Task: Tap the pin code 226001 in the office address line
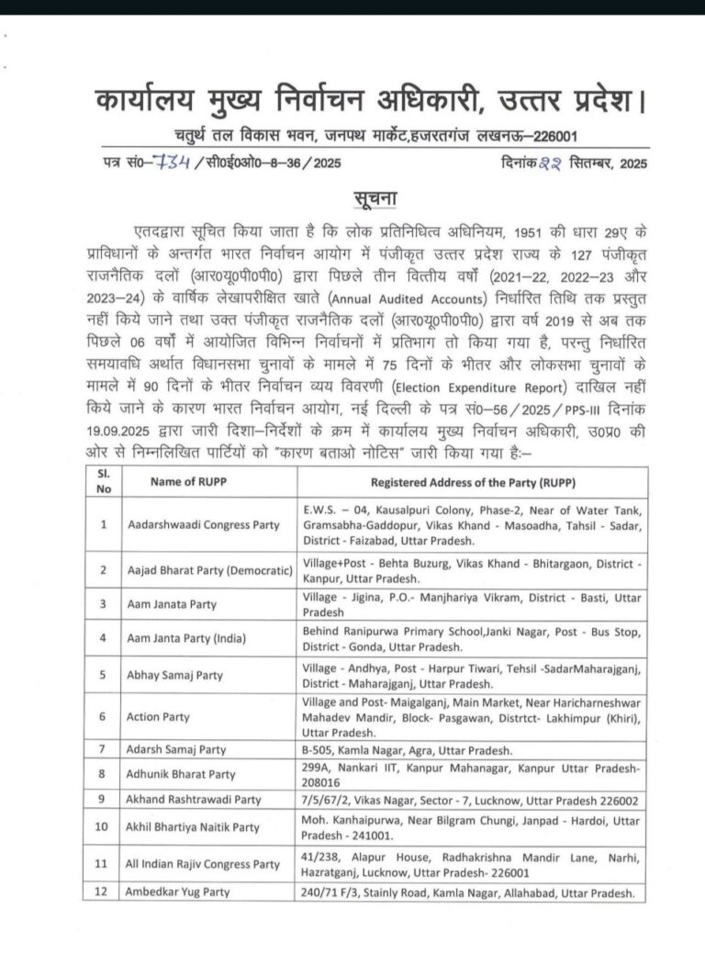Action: [549, 136]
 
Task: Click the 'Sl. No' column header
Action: [103, 482]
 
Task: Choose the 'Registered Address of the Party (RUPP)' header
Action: [474, 482]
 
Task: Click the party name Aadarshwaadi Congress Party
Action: [203, 524]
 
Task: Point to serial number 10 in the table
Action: [103, 826]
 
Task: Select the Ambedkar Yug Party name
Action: [179, 892]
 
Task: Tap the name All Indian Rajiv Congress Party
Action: [204, 864]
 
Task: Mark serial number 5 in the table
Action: [103, 675]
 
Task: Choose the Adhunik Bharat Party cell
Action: [181, 775]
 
